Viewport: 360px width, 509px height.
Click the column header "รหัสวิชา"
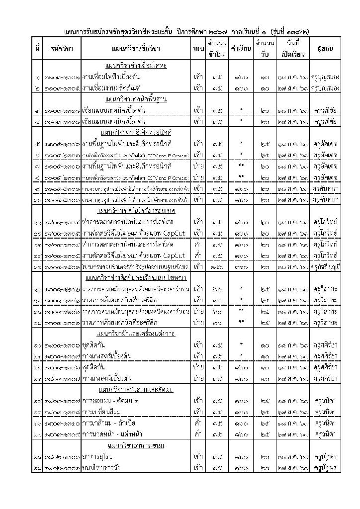click(62, 49)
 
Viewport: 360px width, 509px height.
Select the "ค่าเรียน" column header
click(241, 49)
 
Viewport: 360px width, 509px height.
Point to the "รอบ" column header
click(196, 49)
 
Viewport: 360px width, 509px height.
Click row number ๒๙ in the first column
click(38, 467)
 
